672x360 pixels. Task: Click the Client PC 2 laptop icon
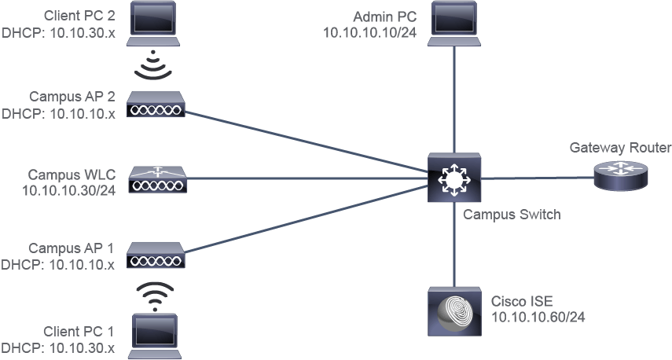point(153,23)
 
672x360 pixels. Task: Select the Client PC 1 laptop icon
point(154,336)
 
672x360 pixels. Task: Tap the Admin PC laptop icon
point(454,23)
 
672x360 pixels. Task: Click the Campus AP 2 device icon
point(156,104)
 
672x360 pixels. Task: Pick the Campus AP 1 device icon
point(156,255)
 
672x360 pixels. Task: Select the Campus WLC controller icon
point(158,179)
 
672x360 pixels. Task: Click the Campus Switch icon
point(454,178)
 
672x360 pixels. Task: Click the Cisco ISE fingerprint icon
point(455,311)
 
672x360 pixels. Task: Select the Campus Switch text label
point(512,214)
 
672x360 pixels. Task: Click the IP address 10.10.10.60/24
point(538,317)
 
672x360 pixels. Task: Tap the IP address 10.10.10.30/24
point(68,190)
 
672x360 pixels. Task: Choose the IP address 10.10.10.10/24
point(369,32)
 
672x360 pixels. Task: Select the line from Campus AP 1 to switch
point(307,219)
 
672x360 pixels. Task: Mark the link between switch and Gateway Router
point(538,178)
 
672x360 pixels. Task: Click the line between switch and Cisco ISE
point(454,244)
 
